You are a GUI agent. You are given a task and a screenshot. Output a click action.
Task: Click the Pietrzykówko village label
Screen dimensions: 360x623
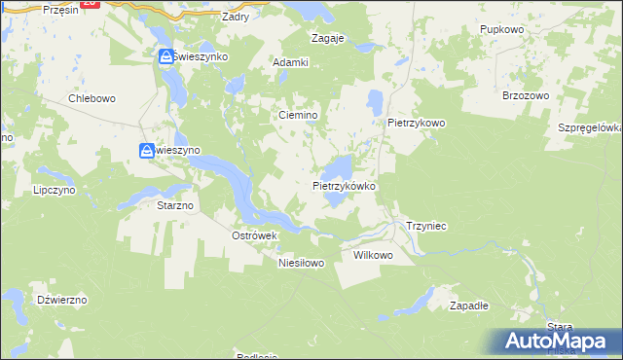pyautogui.click(x=344, y=184)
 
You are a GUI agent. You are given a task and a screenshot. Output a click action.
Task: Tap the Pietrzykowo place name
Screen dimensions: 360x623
pyautogui.click(x=416, y=124)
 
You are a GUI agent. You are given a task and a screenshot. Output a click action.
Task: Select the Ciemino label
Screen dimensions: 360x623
pyautogui.click(x=299, y=115)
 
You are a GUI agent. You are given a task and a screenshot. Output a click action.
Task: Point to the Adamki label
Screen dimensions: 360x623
pyautogui.click(x=290, y=62)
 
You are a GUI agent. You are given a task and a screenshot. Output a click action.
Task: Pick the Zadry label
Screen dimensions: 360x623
pyautogui.click(x=236, y=17)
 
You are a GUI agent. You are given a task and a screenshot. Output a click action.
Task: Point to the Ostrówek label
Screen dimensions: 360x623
pyautogui.click(x=255, y=235)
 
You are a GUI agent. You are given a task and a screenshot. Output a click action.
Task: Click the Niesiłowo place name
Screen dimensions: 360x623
pyautogui.click(x=300, y=263)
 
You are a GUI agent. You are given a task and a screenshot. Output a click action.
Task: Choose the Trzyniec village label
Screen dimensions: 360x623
pyautogui.click(x=425, y=226)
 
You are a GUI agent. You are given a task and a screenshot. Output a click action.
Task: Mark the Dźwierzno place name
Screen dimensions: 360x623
pyautogui.click(x=60, y=300)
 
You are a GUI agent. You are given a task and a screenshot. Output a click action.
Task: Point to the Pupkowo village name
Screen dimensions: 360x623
pyautogui.click(x=502, y=30)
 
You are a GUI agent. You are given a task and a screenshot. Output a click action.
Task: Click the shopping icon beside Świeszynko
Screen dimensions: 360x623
pyautogui.click(x=167, y=57)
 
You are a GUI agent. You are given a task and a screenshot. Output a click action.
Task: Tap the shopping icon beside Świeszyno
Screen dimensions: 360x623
pyautogui.click(x=147, y=151)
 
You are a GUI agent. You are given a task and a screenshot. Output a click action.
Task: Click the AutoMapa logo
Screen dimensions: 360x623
pyautogui.click(x=556, y=341)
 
